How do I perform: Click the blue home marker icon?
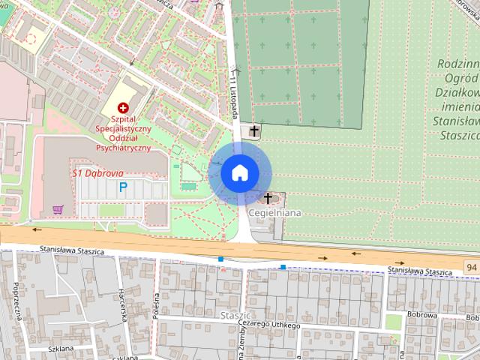(239, 172)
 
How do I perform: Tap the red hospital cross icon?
(124, 109)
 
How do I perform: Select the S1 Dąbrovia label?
(97, 172)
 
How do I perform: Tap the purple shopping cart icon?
(58, 209)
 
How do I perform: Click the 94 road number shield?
(470, 266)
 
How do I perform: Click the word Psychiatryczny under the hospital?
(124, 148)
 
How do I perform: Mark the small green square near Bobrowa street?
(393, 322)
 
